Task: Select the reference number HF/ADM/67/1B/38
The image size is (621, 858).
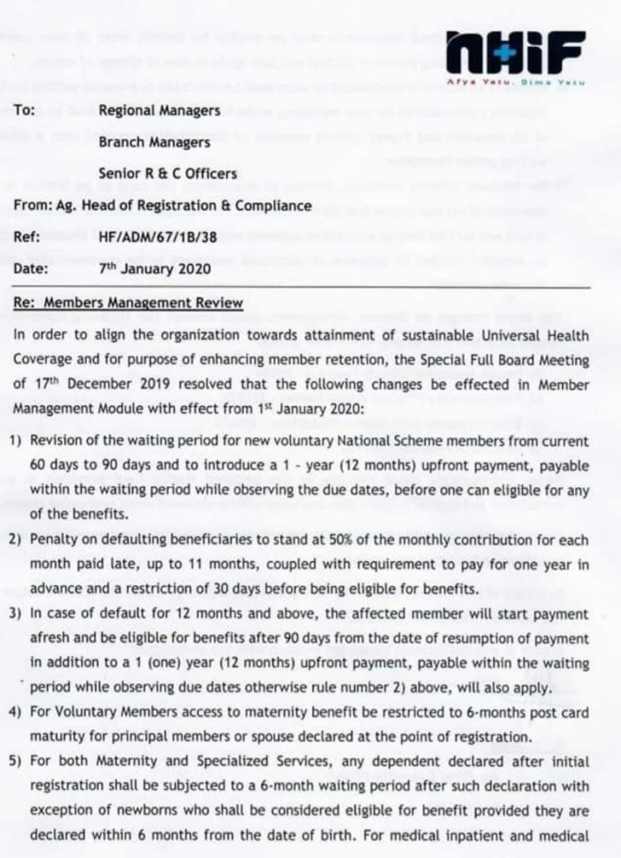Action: click(158, 238)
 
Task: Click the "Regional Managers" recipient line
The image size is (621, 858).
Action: click(159, 110)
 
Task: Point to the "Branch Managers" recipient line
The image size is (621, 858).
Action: click(154, 142)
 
